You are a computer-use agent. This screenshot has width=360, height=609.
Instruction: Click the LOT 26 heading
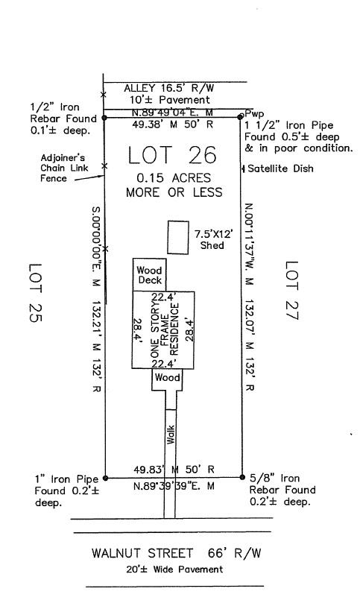[x=172, y=155]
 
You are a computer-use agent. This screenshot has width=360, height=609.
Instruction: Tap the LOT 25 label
[x=35, y=293]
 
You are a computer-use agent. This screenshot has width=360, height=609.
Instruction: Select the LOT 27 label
[x=292, y=290]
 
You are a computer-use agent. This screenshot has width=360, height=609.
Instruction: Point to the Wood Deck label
[x=150, y=275]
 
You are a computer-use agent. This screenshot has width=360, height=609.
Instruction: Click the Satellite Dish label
[x=280, y=168]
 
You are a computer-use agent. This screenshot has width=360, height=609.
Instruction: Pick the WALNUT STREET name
[x=142, y=552]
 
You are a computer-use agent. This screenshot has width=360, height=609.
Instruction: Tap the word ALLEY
[x=139, y=88]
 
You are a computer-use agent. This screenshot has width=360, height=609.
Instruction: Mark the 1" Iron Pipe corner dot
[x=106, y=478]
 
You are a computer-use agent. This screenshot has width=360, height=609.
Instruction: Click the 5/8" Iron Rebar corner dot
[x=242, y=477]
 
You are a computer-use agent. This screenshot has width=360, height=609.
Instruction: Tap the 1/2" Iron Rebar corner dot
[x=104, y=117]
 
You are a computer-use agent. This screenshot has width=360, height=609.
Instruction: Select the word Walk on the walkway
[x=171, y=435]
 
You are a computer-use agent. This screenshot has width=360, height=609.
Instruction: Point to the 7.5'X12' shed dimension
[x=214, y=234]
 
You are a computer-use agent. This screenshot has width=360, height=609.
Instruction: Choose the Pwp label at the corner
[x=254, y=114]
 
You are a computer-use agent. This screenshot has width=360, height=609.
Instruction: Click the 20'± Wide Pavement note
[x=174, y=569]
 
